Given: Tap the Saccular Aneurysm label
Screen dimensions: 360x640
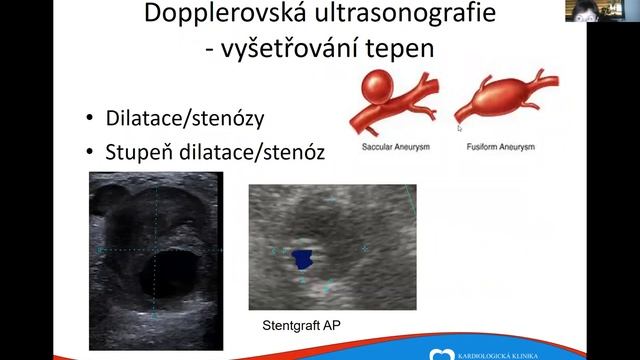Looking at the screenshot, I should [x=391, y=147].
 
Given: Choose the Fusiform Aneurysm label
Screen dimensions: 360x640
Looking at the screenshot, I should [x=501, y=147].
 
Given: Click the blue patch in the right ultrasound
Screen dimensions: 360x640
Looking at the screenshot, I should [x=301, y=261].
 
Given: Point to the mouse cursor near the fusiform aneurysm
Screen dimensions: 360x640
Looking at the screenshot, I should [x=459, y=127].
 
